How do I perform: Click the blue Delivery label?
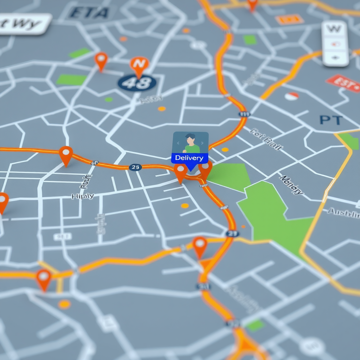tap(189, 158)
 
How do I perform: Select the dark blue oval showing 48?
tap(137, 83)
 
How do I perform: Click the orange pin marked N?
tap(139, 64)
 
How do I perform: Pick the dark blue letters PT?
tap(331, 120)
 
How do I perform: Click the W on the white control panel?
tap(334, 29)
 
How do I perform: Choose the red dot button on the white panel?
tap(335, 44)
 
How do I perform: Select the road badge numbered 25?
tap(135, 167)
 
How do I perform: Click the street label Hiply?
tap(83, 196)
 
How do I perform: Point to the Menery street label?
tap(291, 185)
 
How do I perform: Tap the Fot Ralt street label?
tap(266, 139)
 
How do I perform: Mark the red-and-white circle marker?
tap(291, 96)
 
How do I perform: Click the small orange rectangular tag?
tap(290, 19)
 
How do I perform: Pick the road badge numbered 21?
tap(232, 233)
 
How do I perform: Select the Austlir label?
tap(343, 213)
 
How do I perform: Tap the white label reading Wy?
tap(25, 24)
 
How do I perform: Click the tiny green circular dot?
tap(109, 99)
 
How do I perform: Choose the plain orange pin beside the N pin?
tap(101, 60)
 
